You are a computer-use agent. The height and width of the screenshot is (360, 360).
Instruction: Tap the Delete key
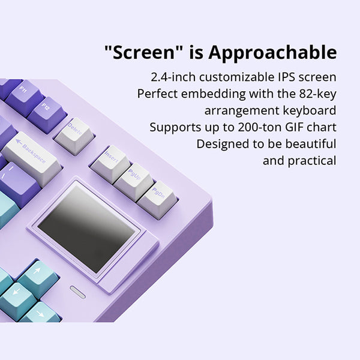click(74, 134)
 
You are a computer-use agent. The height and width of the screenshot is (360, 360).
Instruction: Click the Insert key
click(110, 160)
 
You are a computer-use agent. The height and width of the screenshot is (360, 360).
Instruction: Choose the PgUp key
click(134, 178)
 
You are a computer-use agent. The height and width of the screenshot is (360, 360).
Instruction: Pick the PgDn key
click(157, 195)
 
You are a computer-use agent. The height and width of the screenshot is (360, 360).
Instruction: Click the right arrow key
click(42, 313)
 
